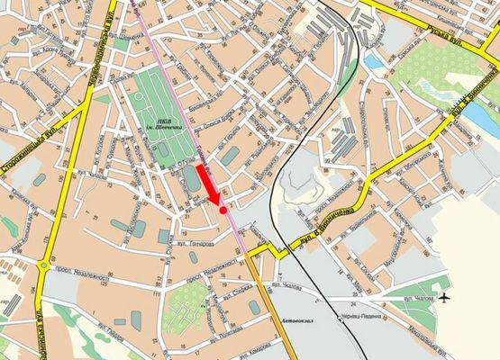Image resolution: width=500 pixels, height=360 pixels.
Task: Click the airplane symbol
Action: tap(446, 297)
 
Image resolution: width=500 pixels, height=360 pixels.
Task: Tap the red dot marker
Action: tap(223, 209)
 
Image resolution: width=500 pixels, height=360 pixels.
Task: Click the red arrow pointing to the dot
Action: tap(208, 186)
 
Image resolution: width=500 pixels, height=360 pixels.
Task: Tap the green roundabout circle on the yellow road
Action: tap(42, 265)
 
